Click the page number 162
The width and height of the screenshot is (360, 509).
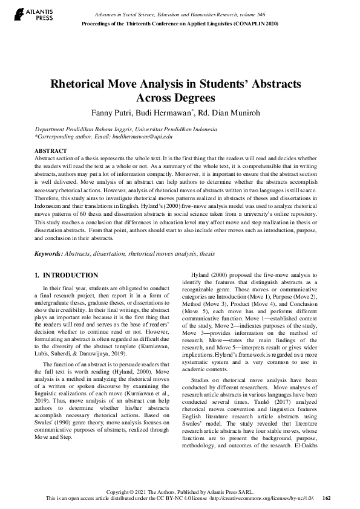click(x=327, y=498)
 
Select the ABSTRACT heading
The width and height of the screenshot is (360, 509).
click(x=51, y=150)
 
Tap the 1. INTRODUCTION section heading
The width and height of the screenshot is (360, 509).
click(x=67, y=275)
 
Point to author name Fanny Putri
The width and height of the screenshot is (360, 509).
click(x=129, y=113)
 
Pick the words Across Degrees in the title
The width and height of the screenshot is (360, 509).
click(x=180, y=99)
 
